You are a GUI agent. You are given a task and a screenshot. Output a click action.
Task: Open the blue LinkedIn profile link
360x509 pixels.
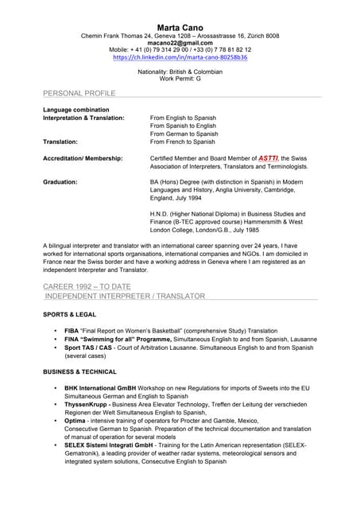tap(180, 57)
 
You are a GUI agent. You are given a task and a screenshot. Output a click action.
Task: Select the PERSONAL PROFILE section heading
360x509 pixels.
tap(79, 93)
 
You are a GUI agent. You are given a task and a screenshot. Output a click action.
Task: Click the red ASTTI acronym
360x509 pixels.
tap(269, 158)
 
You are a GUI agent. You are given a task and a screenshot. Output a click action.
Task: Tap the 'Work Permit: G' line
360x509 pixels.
tap(180, 79)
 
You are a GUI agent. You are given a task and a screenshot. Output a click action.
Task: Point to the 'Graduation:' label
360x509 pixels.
tap(60, 182)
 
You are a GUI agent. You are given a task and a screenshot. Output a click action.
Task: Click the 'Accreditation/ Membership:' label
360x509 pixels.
tap(83, 158)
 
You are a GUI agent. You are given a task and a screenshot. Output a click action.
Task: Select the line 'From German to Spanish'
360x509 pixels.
tap(184, 134)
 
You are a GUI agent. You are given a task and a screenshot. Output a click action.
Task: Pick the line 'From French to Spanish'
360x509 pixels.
tap(183, 142)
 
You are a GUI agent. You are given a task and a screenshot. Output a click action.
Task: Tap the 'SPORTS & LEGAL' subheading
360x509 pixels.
tap(70, 314)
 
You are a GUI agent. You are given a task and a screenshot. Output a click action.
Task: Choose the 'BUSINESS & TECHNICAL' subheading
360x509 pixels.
tap(79, 371)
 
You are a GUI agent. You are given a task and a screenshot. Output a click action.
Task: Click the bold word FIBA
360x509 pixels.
tap(72, 330)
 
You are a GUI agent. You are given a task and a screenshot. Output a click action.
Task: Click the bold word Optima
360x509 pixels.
tap(76, 420)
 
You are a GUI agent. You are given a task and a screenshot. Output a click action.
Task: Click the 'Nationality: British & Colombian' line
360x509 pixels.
tap(180, 72)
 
